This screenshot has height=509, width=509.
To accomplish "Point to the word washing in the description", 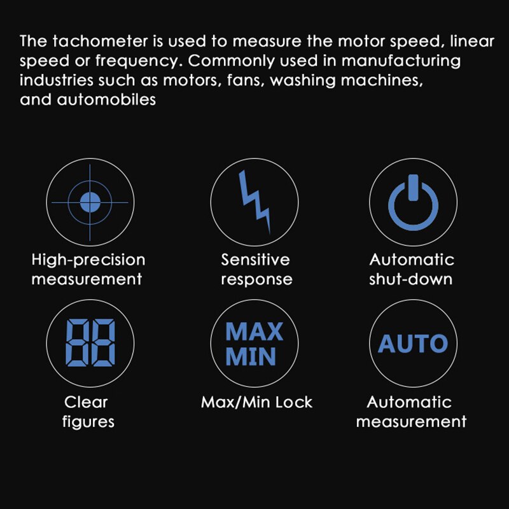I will point(318,81).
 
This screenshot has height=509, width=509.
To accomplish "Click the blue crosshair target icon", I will point(90,202).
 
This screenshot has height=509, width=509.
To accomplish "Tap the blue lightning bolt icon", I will point(254,201).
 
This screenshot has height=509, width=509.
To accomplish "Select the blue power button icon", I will point(413,202).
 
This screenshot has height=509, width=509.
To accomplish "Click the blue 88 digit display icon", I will point(90,342).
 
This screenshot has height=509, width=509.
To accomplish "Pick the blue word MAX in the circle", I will point(254,331).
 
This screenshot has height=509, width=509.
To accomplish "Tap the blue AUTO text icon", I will point(413,344).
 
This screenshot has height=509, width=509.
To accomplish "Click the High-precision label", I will point(88,260).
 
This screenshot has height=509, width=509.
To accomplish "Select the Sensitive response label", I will point(256,269).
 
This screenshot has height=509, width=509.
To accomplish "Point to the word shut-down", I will point(411,279).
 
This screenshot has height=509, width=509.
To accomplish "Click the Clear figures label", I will point(87,412).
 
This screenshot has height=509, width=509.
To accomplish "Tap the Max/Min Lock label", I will point(256,402).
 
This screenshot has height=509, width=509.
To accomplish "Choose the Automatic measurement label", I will point(411,412).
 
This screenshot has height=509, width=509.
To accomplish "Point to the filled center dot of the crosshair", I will point(90,202).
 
